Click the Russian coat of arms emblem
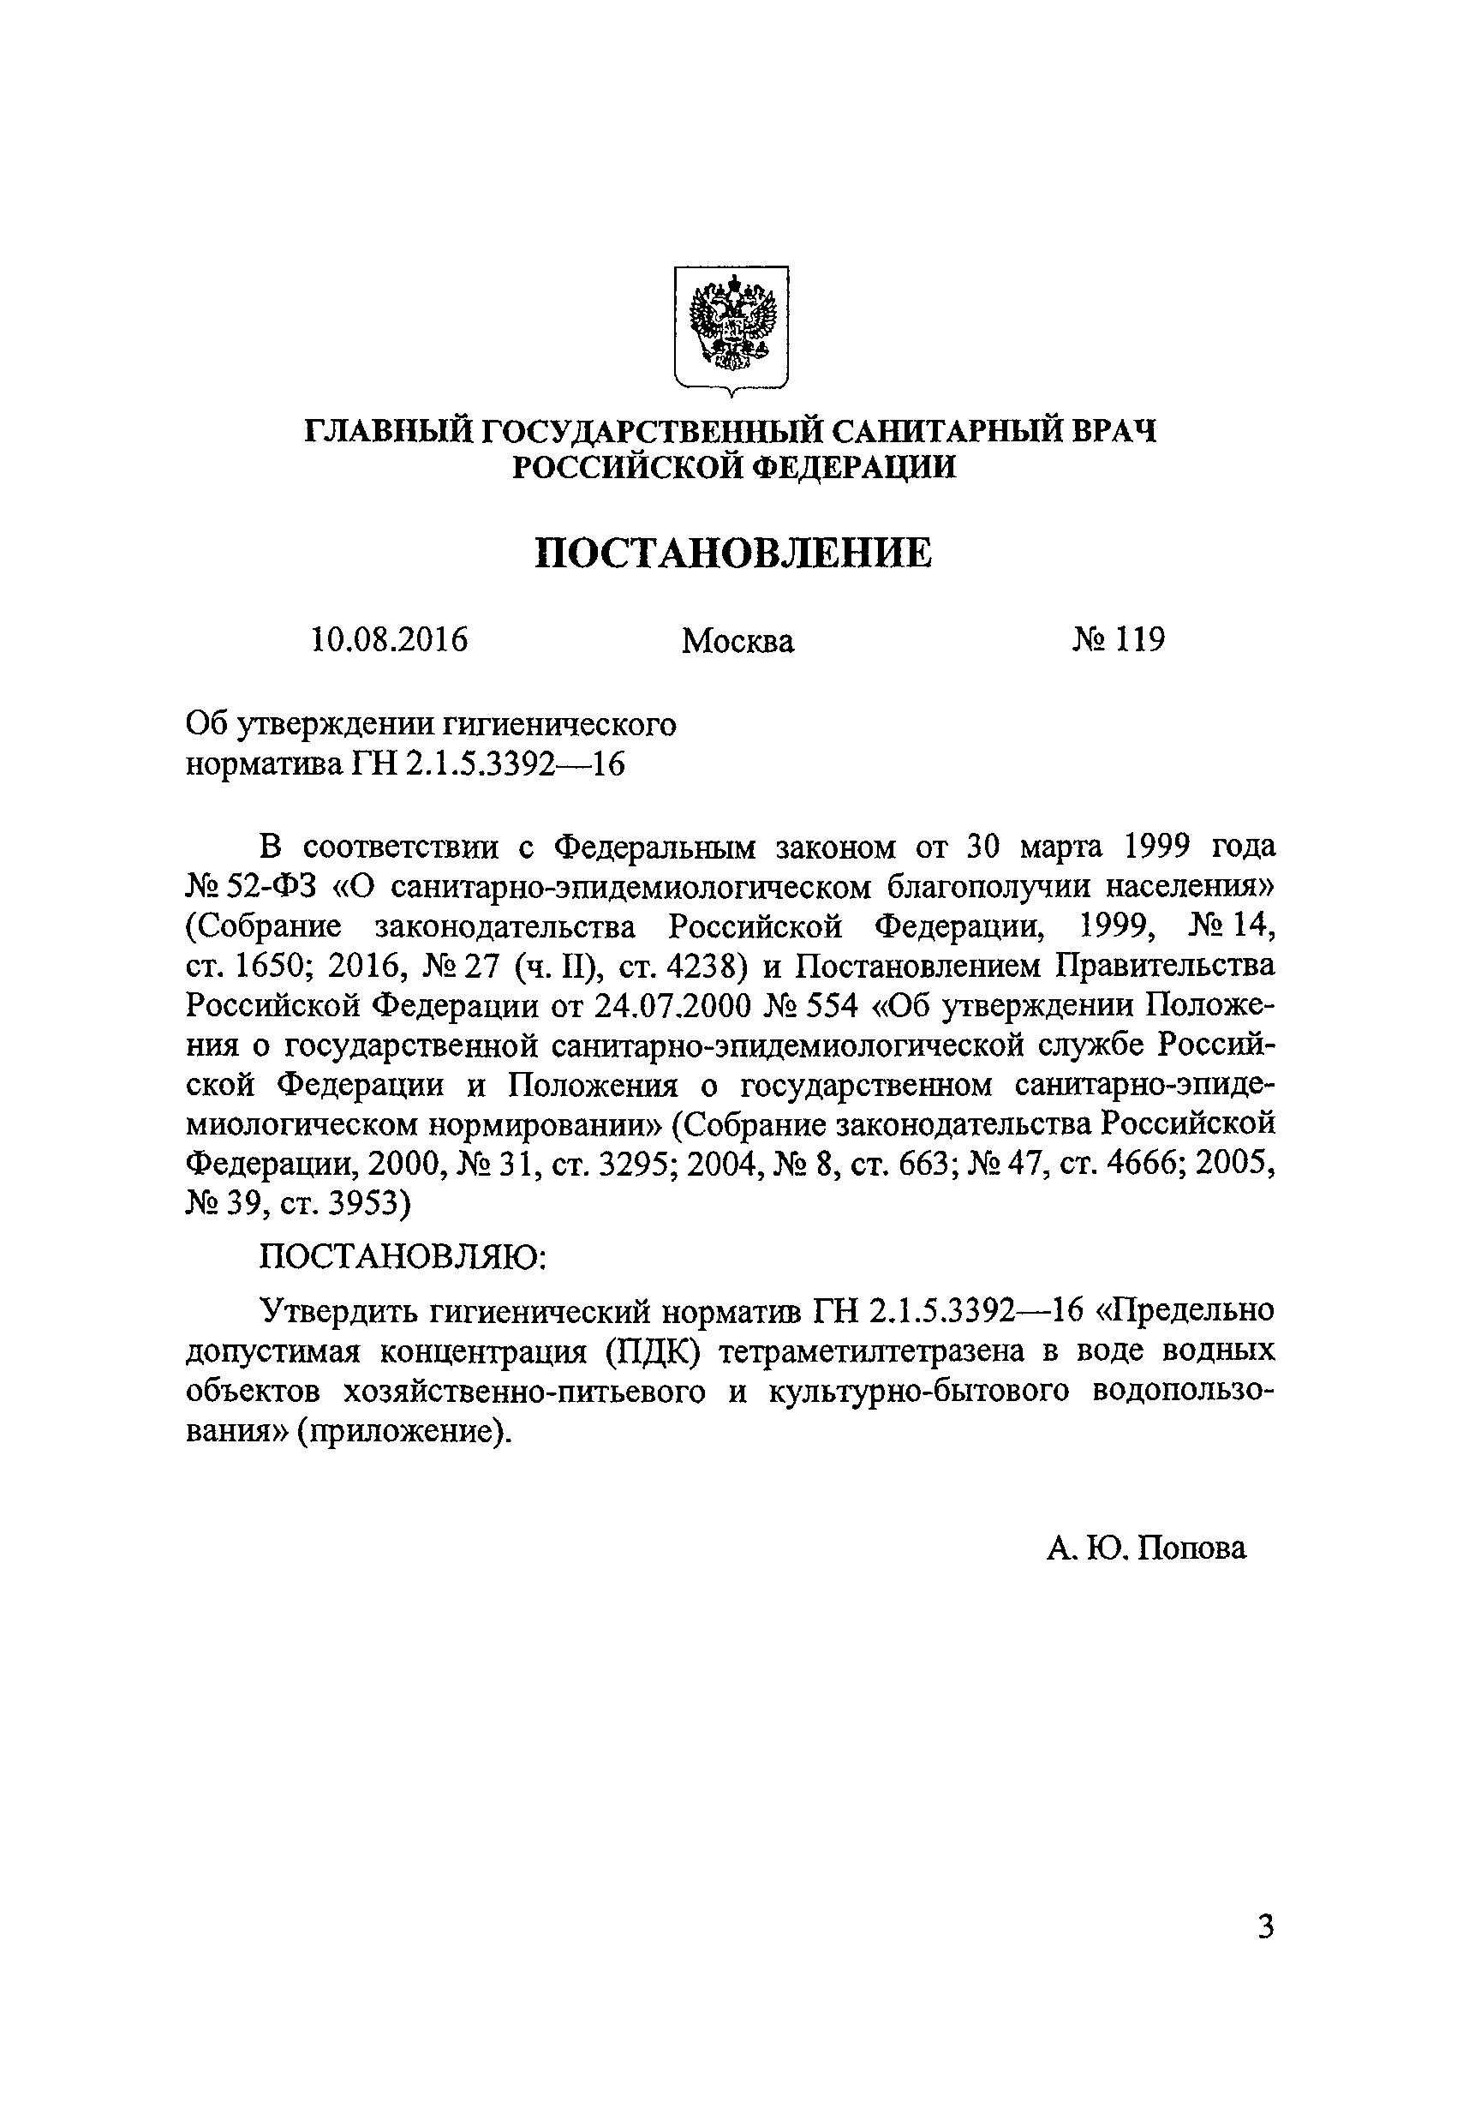pyautogui.click(x=731, y=329)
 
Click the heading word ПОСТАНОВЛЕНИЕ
pyautogui.click(x=732, y=554)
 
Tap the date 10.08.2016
pyautogui.click(x=390, y=639)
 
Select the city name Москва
pyautogui.click(x=737, y=641)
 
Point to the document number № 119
pyautogui.click(x=1118, y=639)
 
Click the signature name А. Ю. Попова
pyautogui.click(x=1146, y=1547)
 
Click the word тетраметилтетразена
pyautogui.click(x=876, y=1351)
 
